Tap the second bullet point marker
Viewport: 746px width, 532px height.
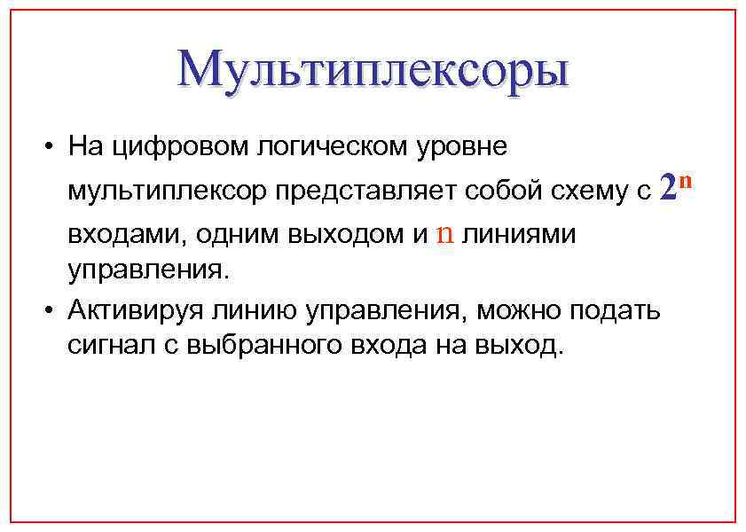53,310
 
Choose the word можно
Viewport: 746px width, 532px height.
521,310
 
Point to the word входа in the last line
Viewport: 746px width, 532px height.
392,345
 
